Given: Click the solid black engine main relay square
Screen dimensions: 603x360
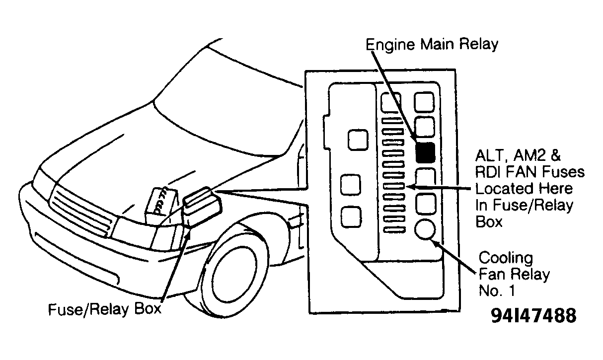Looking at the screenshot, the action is coord(425,152).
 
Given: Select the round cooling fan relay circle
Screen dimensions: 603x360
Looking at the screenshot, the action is coord(425,229).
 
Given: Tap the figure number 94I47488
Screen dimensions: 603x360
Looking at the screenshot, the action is coord(533,316).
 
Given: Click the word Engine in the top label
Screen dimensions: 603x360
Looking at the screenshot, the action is coord(390,45).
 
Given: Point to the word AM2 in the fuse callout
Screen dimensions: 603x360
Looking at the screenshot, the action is coord(528,155).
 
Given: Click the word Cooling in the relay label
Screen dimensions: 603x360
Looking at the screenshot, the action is coord(506,258).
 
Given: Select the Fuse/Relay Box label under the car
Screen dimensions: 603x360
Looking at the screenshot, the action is coord(104,309).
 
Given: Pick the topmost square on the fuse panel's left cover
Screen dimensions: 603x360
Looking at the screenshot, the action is coord(358,140).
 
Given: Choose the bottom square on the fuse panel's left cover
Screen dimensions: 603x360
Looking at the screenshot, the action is coord(351,217).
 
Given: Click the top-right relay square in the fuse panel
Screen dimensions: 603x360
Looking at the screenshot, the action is coord(424,102).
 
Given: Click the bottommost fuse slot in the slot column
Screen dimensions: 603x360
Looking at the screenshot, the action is coord(394,230).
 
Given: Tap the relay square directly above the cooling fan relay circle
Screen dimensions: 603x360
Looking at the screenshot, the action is coord(426,204).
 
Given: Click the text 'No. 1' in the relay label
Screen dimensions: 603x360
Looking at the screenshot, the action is coord(496,291).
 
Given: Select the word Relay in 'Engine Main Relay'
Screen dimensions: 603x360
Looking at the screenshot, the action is coord(478,44).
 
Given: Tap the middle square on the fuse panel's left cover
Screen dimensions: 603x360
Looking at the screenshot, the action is coord(351,185).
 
